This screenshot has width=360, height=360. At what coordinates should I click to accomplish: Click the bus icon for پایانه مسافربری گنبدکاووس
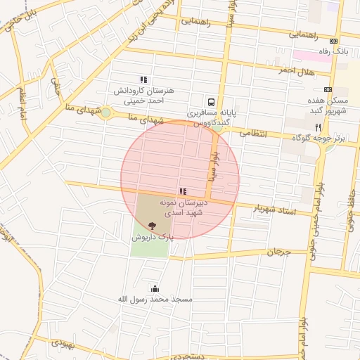212,101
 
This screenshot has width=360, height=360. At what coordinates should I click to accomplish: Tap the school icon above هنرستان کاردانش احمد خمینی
143,80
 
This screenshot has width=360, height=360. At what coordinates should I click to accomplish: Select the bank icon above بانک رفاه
333,41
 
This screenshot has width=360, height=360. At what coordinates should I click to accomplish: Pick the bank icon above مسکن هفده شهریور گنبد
328,89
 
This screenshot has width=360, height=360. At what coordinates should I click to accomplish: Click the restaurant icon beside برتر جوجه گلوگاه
318,128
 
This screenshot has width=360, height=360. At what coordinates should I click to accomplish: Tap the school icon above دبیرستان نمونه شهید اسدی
183,191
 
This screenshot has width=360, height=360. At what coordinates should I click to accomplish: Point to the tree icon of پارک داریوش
153,226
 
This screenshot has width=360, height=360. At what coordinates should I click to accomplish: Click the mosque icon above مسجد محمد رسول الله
155,288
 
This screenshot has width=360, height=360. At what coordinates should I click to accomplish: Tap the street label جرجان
278,251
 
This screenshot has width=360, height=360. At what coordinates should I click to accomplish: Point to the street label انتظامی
253,132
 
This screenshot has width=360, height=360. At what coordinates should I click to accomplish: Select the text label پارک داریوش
151,238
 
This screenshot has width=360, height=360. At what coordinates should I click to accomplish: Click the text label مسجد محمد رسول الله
155,299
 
